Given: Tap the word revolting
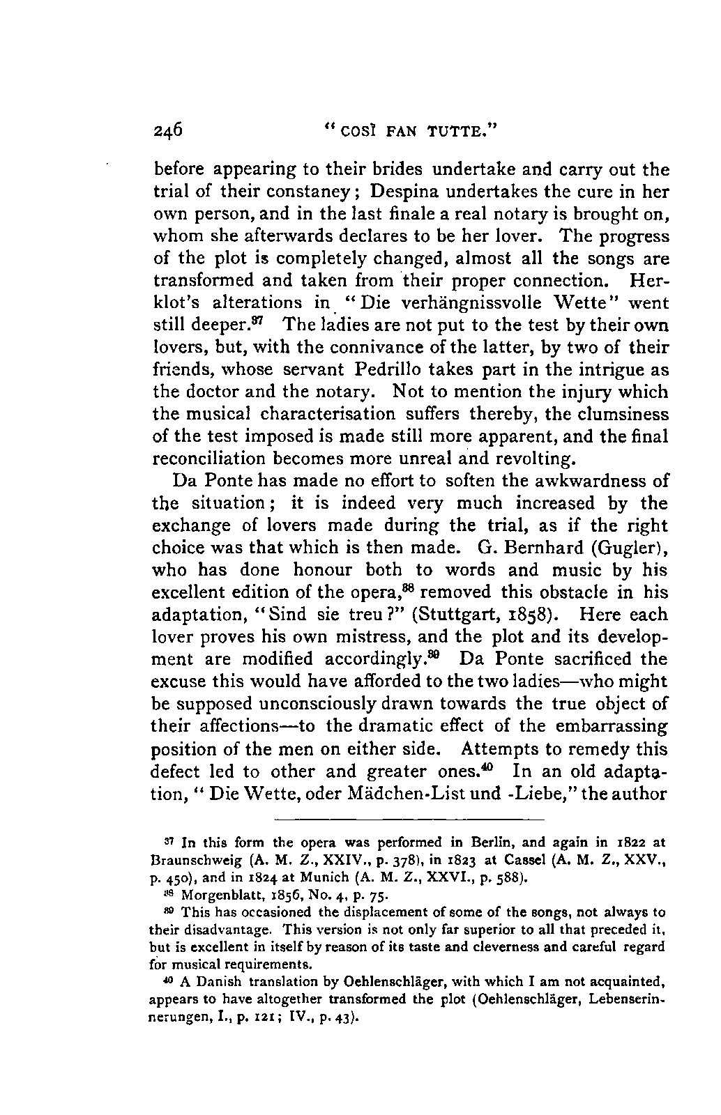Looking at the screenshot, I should pos(536,459).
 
